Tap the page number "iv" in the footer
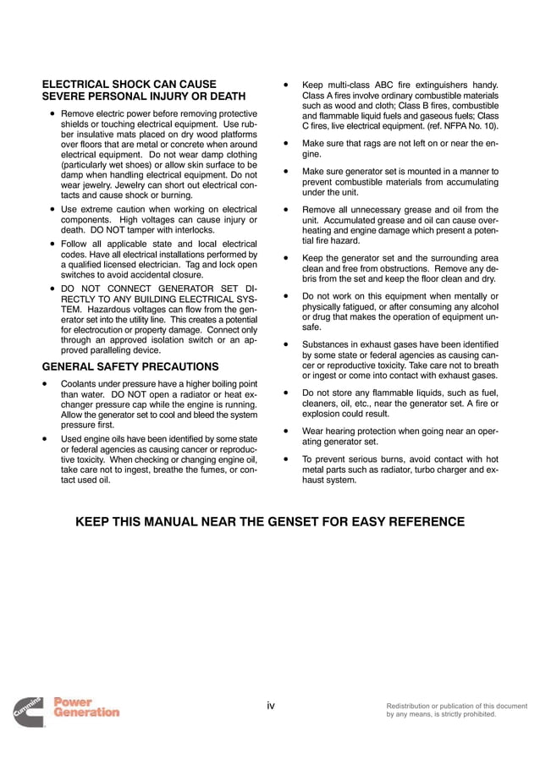tap(271, 705)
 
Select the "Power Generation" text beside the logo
tap(86, 706)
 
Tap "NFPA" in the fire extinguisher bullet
tap(447, 126)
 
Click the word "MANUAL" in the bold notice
tap(175, 521)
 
